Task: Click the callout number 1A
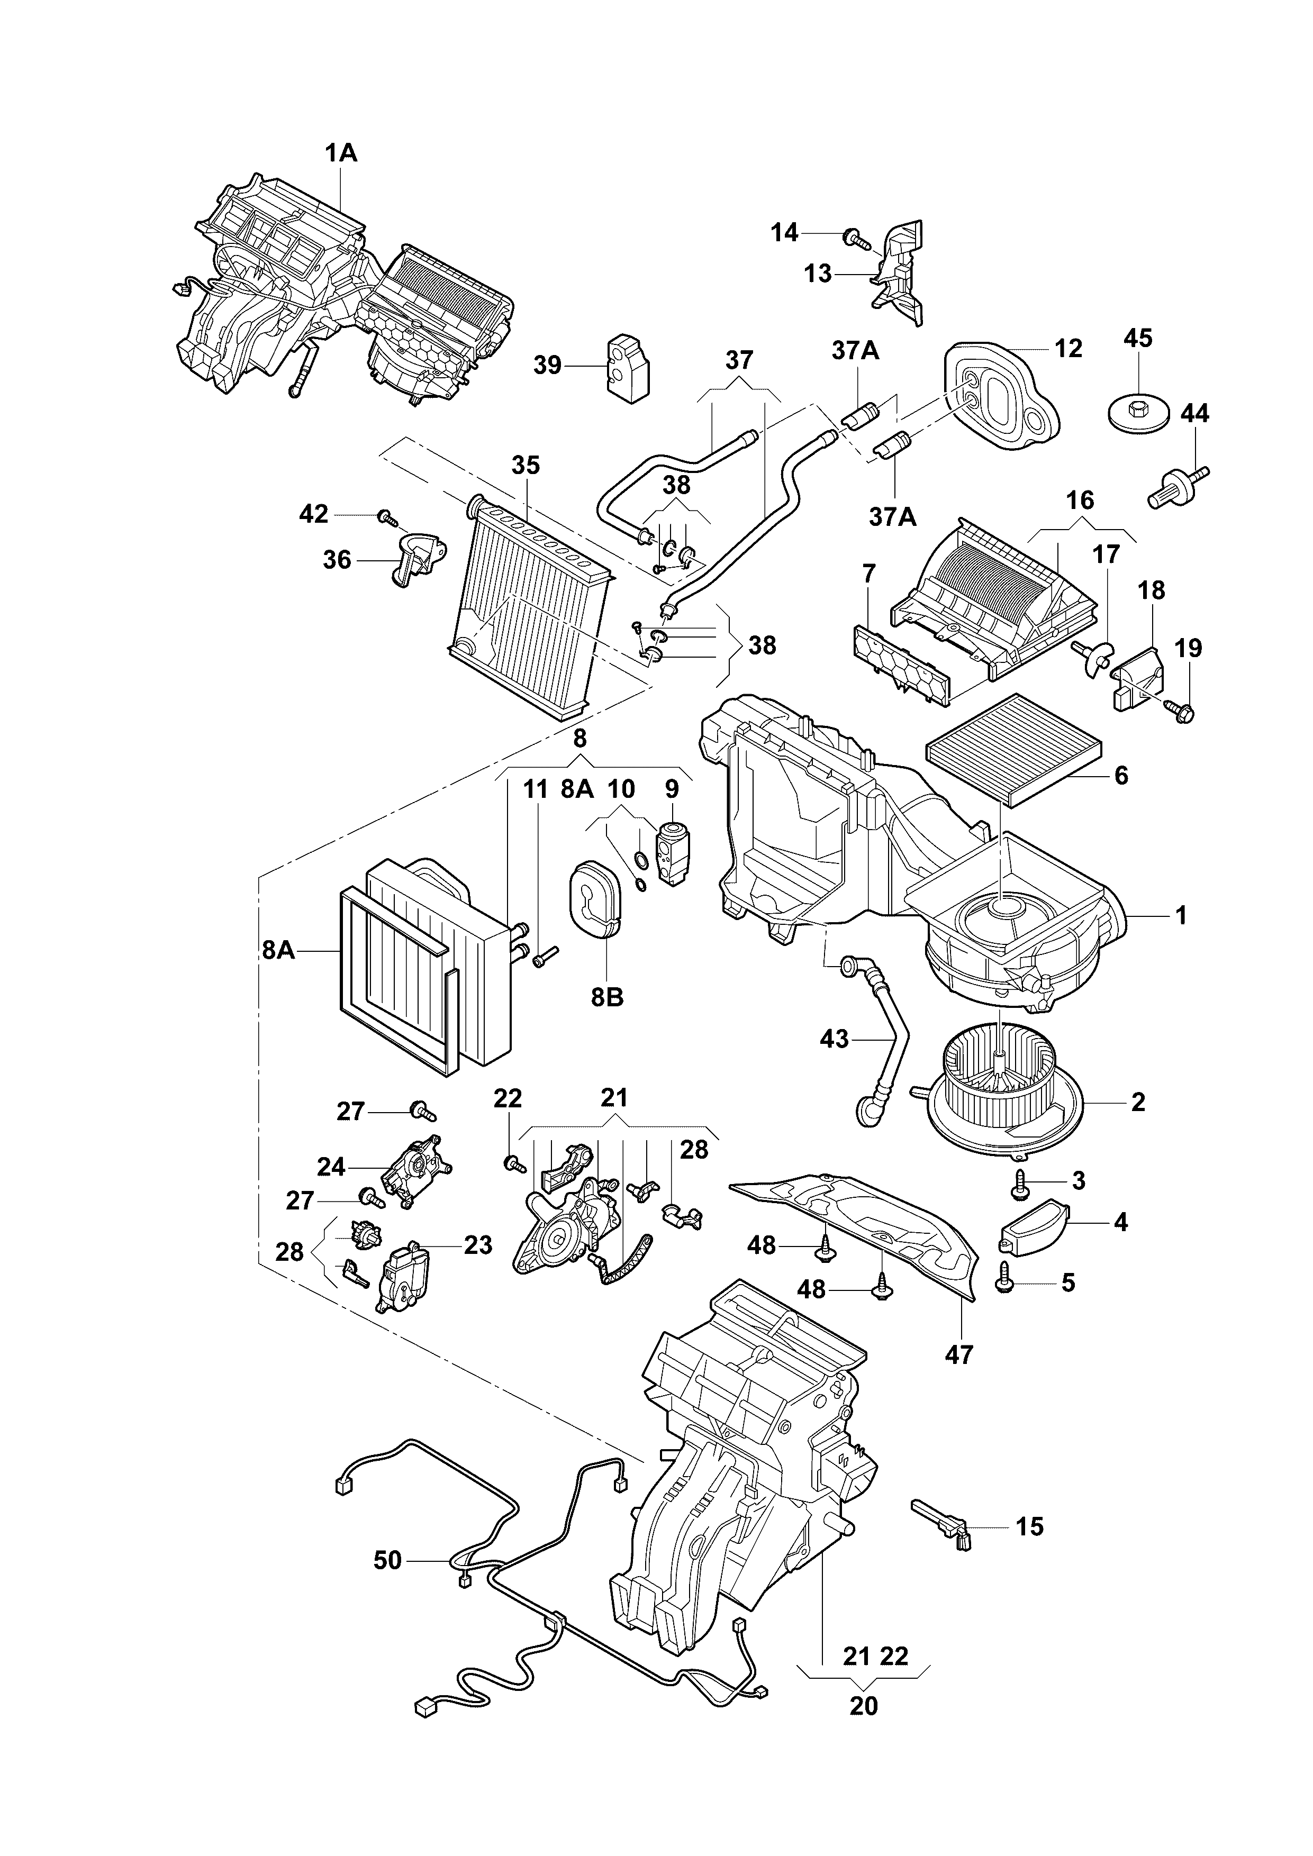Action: click(341, 153)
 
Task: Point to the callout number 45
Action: click(1137, 338)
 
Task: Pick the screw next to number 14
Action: click(855, 238)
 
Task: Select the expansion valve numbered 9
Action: click(672, 855)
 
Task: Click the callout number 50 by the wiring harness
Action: click(387, 1560)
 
